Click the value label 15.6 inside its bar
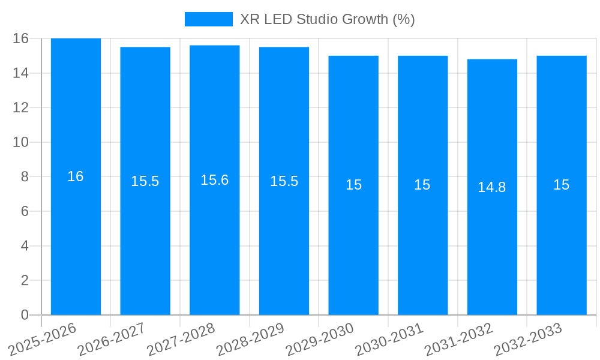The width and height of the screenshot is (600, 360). coord(215,180)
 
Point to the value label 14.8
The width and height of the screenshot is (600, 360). coord(492,187)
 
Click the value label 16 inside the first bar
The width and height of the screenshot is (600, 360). coord(76,176)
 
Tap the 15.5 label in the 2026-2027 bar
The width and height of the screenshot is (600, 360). coord(145,181)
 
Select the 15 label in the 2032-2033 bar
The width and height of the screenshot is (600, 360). coord(562,185)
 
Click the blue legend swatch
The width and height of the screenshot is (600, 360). coord(208,19)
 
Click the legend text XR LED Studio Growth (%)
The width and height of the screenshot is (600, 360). coord(327,19)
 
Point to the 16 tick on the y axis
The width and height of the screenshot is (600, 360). coord(20,38)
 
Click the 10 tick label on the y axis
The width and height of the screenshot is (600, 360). coord(20,142)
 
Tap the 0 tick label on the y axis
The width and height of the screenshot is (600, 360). coord(25,315)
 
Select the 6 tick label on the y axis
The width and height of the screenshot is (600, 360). coord(25,211)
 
